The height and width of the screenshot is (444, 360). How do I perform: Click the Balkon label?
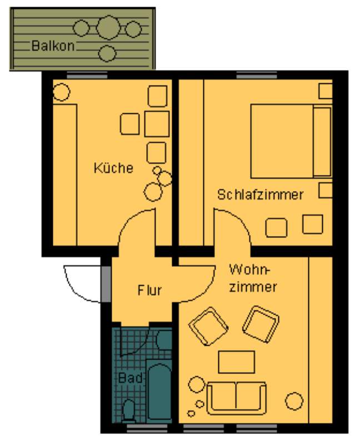[53, 46]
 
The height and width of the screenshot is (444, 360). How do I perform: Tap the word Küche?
[113, 168]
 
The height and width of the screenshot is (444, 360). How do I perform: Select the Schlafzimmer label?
[261, 194]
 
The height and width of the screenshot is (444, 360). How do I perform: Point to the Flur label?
[149, 290]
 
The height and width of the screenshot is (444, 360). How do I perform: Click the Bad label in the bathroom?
[130, 378]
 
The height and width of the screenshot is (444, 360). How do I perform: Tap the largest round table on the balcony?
[108, 28]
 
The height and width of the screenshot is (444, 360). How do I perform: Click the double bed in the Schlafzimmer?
[291, 141]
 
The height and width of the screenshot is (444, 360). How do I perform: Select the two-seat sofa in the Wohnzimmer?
[236, 398]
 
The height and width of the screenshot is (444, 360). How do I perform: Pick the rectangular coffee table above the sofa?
[236, 362]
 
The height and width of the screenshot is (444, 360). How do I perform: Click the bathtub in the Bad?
[160, 391]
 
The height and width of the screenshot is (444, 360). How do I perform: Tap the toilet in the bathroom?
[129, 411]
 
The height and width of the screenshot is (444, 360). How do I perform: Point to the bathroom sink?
[164, 340]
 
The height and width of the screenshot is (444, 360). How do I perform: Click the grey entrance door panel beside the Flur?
[106, 284]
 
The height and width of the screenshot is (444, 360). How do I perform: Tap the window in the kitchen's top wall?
[87, 76]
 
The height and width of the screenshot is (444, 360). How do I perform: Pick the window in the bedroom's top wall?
[257, 76]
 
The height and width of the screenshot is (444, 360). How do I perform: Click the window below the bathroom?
[147, 427]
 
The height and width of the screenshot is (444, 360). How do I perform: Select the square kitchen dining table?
[157, 124]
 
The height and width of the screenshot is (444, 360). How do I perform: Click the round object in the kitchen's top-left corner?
[61, 92]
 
